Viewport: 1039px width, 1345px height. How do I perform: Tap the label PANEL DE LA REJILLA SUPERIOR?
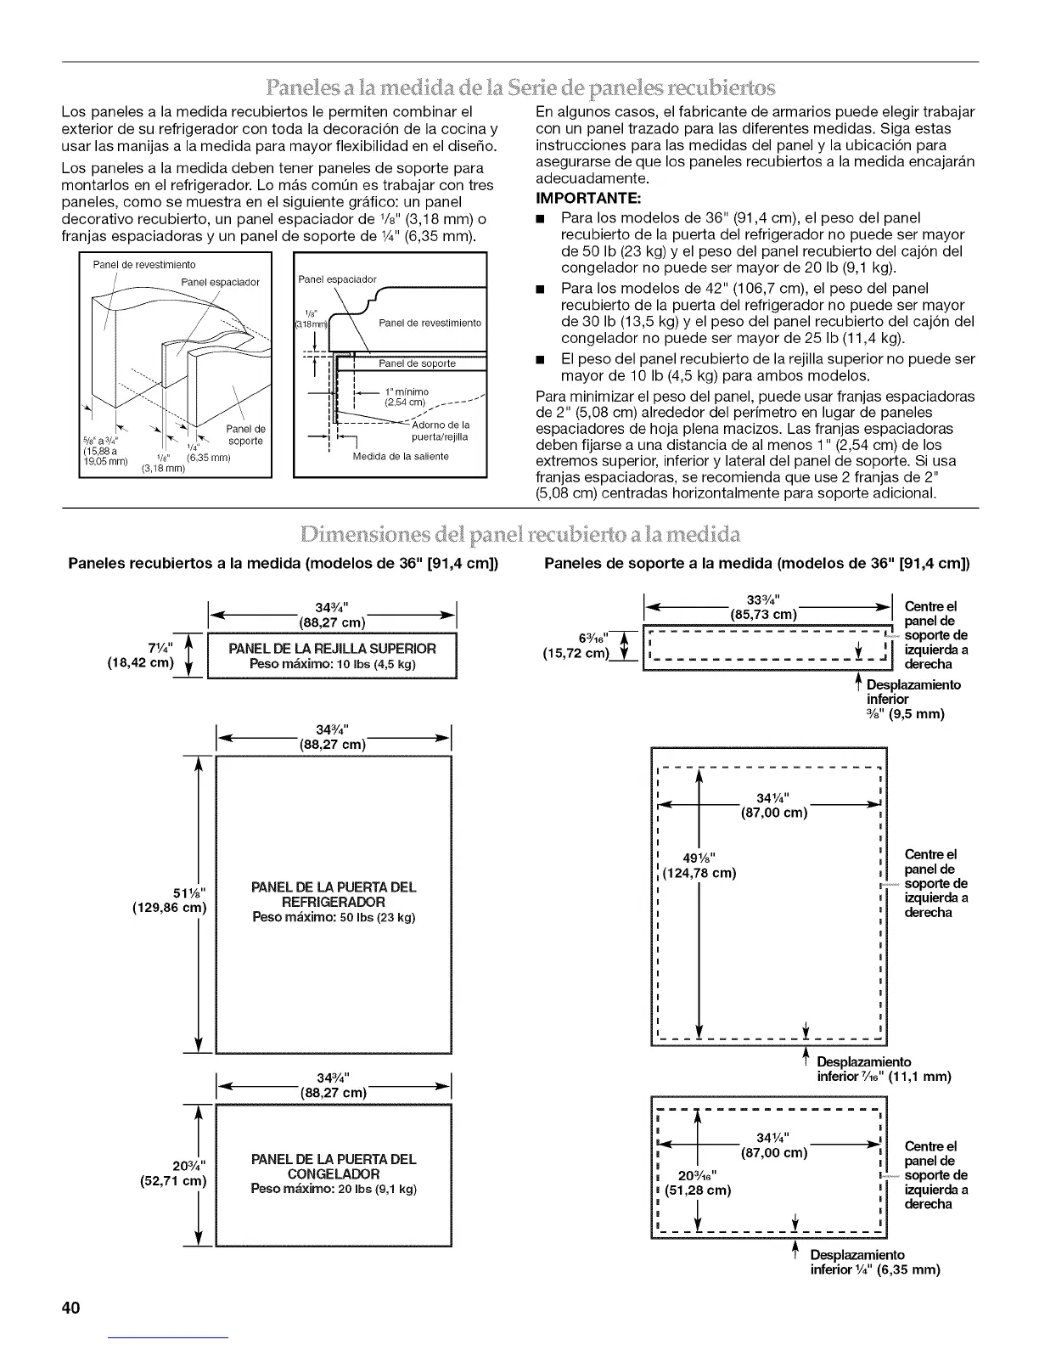click(333, 649)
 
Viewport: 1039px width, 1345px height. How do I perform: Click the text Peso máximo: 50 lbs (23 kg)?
click(334, 918)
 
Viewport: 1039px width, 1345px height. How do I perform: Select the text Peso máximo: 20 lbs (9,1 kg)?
click(334, 1190)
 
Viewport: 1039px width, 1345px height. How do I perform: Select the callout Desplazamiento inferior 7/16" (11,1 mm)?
click(883, 1069)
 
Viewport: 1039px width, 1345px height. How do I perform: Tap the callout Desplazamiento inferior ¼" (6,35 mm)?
click(874, 1263)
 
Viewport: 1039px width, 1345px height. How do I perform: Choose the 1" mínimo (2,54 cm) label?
click(402, 397)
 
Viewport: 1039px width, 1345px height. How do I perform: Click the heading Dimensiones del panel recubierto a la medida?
click(519, 534)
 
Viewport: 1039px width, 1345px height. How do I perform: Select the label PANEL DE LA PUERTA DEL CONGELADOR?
click(334, 1166)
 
